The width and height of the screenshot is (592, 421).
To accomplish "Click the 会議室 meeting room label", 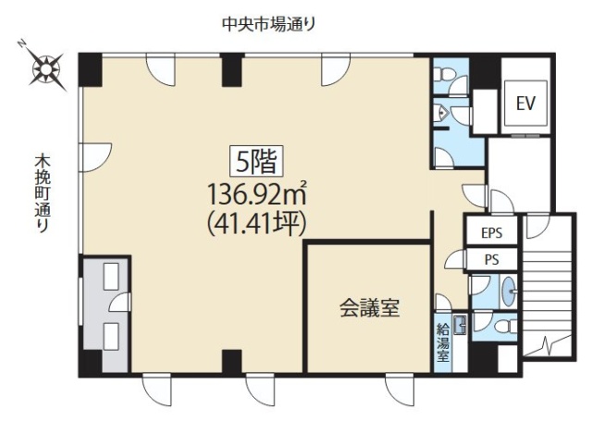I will (x=368, y=308).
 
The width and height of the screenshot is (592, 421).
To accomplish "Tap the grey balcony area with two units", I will (x=104, y=315).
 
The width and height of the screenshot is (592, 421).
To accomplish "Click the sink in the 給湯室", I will (x=457, y=323).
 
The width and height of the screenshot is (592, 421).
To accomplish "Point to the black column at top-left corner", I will (x=89, y=68).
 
